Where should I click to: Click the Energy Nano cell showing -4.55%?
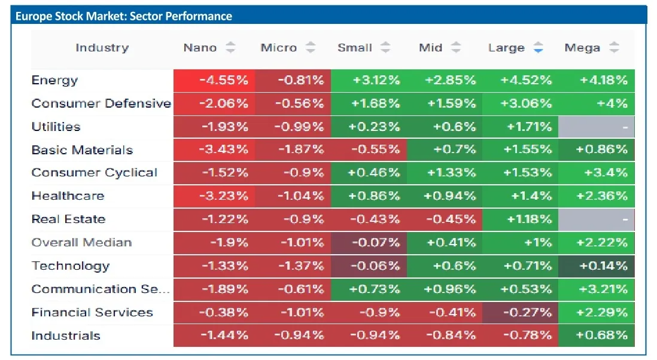214,80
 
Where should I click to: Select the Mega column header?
582,48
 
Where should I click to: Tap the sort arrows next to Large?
538,48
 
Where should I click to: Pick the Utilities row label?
56,127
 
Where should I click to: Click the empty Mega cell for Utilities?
596,127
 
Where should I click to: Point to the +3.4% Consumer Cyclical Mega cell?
596,173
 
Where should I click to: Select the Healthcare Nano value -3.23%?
214,196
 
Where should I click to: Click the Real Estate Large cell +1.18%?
520,219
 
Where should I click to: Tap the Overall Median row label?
82,242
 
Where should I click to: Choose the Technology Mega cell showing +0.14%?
596,266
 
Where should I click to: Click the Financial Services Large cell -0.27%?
520,312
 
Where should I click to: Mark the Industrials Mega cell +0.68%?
596,335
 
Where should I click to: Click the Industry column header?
102,48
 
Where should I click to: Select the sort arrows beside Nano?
230,48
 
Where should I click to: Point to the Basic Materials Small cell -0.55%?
369,150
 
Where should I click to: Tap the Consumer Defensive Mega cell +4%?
596,103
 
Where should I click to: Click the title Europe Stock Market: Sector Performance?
124,16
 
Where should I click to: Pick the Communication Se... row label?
101,289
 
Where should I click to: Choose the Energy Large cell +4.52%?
520,80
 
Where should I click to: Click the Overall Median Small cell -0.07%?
369,243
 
